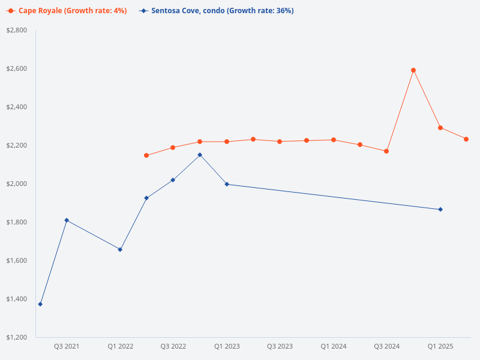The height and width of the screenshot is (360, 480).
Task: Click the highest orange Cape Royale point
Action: tap(413, 70)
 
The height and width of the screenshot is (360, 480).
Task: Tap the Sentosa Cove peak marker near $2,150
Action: tap(200, 155)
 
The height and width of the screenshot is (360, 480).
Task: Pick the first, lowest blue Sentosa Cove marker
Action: tap(40, 304)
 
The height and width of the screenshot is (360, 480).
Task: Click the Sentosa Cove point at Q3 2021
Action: tap(67, 220)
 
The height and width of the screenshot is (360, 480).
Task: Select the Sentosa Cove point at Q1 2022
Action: tap(120, 250)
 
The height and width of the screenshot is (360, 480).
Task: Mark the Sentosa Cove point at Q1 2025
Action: tap(440, 209)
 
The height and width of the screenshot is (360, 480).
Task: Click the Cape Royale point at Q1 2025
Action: tap(440, 128)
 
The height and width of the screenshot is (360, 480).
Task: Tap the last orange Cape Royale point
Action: tap(466, 139)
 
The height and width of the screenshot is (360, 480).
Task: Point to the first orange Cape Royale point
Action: tap(146, 155)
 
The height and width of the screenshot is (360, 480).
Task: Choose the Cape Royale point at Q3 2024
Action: tap(386, 151)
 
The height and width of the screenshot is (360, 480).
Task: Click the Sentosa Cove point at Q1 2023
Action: tap(227, 184)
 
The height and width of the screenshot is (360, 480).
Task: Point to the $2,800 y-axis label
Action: tap(16, 30)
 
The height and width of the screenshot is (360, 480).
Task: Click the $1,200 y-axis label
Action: tap(16, 337)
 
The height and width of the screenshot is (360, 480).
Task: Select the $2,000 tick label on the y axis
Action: tap(16, 184)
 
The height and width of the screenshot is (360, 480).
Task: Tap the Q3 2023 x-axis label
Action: tap(280, 347)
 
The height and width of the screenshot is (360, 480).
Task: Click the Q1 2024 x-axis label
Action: tap(333, 347)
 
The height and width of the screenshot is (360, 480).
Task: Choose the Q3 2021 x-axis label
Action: tap(67, 347)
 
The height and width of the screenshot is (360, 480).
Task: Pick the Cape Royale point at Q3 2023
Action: tap(280, 142)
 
